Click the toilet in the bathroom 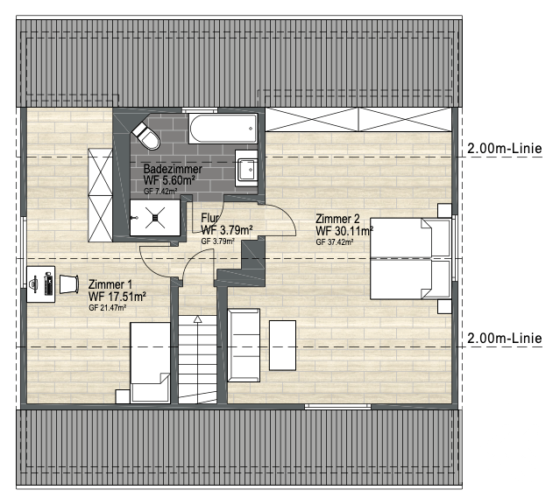(146, 135)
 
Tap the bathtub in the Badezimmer (223, 129)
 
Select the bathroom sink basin (246, 168)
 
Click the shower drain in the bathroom (155, 218)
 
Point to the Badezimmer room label (173, 169)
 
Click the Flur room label (209, 218)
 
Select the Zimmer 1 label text (110, 284)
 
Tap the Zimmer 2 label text (337, 219)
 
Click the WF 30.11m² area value (344, 231)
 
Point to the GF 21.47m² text (107, 308)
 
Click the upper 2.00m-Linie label (504, 149)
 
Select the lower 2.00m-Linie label (504, 338)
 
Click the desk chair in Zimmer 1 (69, 284)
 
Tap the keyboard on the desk (48, 283)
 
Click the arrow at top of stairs (197, 319)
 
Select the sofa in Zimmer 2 (244, 346)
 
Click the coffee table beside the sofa (282, 346)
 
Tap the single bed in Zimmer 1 (150, 362)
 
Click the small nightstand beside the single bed (123, 396)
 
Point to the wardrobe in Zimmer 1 (101, 195)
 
